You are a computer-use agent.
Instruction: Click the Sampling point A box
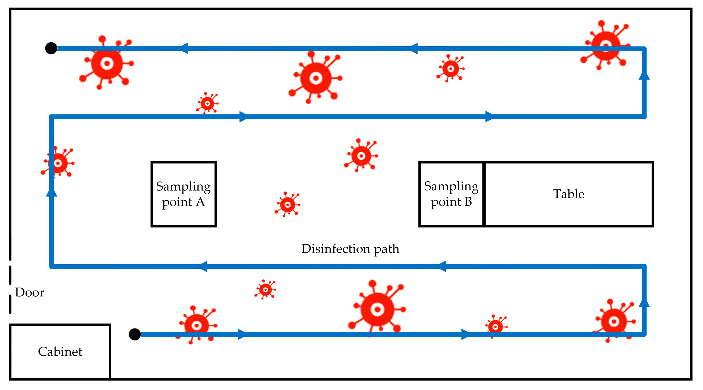point(184,194)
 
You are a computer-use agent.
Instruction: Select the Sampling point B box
point(451,194)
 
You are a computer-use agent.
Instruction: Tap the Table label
point(568,194)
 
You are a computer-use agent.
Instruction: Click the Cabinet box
point(60,351)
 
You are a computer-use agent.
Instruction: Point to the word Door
point(29,292)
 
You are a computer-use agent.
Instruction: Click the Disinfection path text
point(350,249)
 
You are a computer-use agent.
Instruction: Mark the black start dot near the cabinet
point(135,334)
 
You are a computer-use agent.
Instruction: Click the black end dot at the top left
point(51,48)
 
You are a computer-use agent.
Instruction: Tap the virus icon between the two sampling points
point(287,205)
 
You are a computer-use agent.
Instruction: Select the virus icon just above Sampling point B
point(361,156)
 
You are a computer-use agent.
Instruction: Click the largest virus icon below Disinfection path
point(377,309)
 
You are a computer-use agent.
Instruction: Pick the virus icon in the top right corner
point(606,45)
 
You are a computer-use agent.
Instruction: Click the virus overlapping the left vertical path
point(58,163)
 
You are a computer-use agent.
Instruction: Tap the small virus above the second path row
point(207,103)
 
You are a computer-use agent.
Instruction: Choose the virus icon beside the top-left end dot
point(107,64)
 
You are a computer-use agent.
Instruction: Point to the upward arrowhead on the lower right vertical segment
point(644,302)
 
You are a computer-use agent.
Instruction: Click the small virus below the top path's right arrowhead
point(450,68)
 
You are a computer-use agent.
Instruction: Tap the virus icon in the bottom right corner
point(614,321)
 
